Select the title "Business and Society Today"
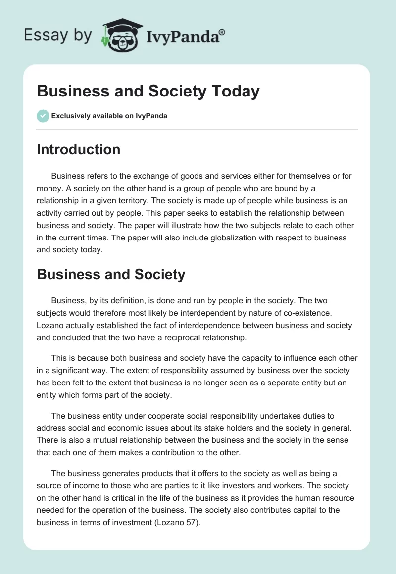tap(148, 92)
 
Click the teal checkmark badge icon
tap(43, 116)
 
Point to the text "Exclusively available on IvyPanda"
tap(109, 116)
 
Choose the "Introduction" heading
tap(78, 149)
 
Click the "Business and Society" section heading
tap(111, 274)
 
